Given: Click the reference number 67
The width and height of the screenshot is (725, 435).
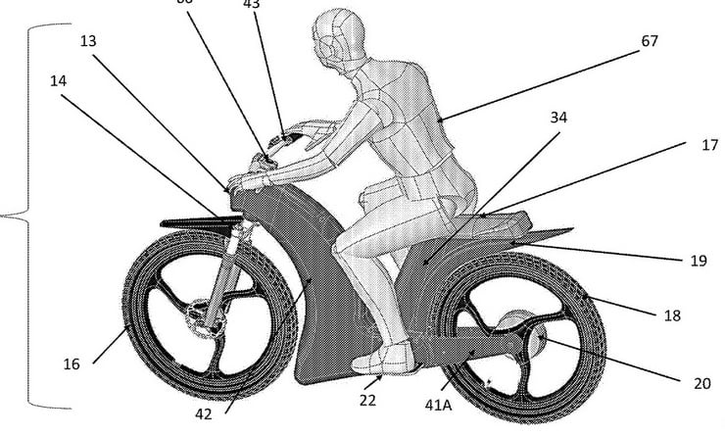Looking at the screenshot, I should click(649, 41).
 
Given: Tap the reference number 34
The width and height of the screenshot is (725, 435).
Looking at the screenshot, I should click(558, 118).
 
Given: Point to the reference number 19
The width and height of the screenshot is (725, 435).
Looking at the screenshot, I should click(699, 260).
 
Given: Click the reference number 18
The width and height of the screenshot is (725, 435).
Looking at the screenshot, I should click(670, 315).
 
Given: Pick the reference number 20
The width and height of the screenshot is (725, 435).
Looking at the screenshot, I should click(701, 383).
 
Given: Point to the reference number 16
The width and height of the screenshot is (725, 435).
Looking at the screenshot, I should click(71, 363).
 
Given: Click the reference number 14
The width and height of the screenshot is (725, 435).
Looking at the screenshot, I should click(60, 80).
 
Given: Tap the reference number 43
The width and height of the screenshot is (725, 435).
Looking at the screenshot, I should click(252, 5).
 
